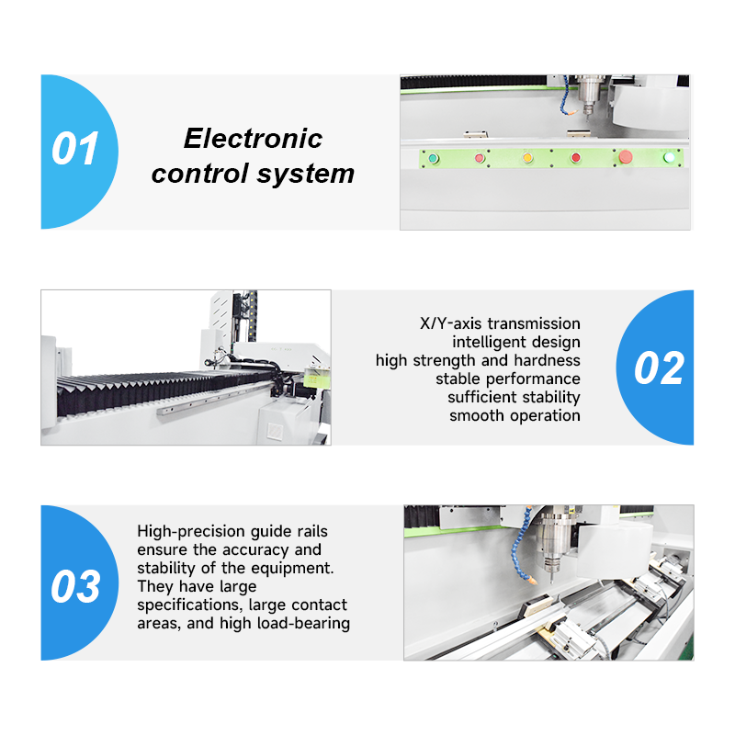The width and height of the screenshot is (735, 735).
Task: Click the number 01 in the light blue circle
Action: [75, 149]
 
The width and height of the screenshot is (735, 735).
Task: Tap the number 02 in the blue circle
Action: [659, 368]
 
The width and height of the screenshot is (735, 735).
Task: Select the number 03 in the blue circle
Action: [75, 586]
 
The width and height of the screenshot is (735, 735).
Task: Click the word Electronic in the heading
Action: [254, 139]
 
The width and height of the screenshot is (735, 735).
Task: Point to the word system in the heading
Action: [306, 174]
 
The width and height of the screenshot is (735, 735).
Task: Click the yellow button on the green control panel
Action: [527, 158]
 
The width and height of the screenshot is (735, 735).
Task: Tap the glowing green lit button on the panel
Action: [670, 157]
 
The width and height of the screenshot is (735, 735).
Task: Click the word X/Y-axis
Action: [450, 323]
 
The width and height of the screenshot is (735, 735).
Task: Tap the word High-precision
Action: [191, 531]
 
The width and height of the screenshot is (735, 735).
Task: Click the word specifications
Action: [190, 605]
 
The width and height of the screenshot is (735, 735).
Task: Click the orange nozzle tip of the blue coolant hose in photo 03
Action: [532, 581]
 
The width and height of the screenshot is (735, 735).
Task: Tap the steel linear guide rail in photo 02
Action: [217, 398]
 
